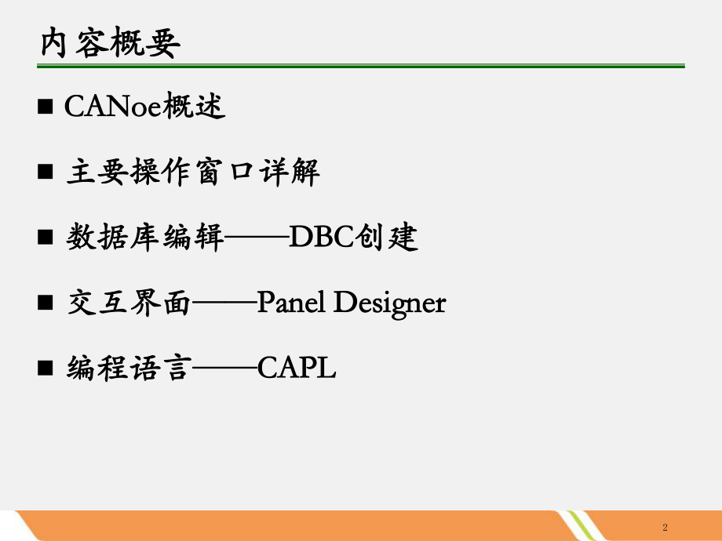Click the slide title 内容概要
click(111, 45)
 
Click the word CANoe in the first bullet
click(112, 107)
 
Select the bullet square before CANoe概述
click(45, 107)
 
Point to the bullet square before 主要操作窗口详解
click(45, 172)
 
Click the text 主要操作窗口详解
click(193, 172)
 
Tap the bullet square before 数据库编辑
click(45, 238)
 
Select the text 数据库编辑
click(146, 238)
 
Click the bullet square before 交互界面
click(45, 303)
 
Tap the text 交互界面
click(129, 303)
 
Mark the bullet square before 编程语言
click(45, 368)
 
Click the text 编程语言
click(129, 368)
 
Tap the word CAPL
click(297, 368)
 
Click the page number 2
click(665, 526)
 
